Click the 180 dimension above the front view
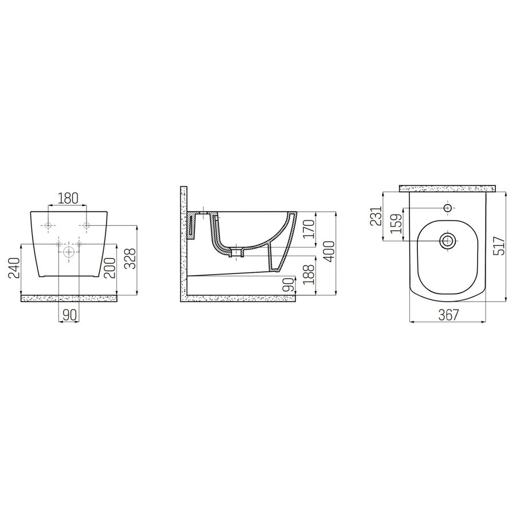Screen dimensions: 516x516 (x=68, y=198)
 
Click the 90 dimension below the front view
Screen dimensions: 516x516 (x=68, y=314)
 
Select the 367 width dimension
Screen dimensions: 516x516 (x=449, y=315)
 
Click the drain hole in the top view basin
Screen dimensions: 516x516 (x=448, y=241)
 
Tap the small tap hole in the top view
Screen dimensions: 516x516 (x=448, y=206)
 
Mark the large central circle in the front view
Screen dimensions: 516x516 (x=69, y=251)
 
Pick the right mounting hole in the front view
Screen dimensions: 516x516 (x=86, y=225)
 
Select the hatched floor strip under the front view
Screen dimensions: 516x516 (x=69, y=298)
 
